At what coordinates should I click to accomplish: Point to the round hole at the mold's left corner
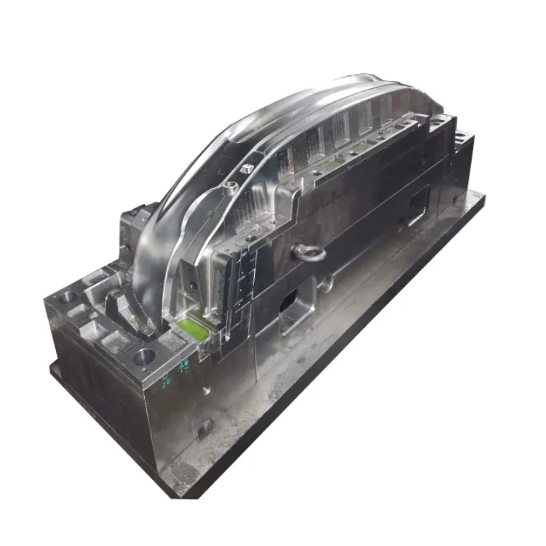[x=70, y=296]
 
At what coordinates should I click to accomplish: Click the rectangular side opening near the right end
[x=418, y=205]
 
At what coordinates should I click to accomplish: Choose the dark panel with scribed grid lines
[x=240, y=273]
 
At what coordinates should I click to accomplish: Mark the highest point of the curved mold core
[x=357, y=77]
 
